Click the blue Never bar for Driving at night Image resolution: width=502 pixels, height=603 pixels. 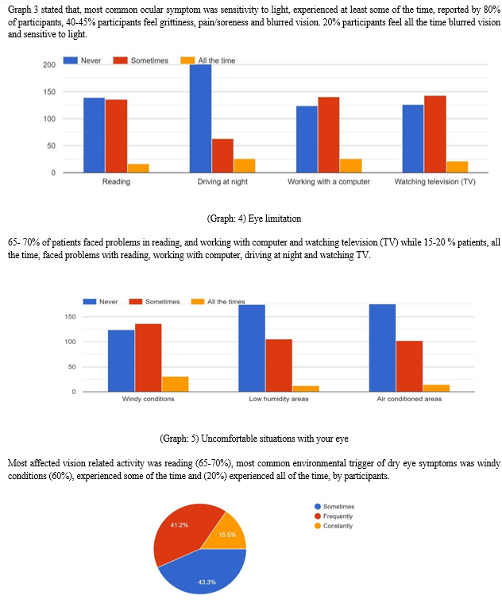coord(200,118)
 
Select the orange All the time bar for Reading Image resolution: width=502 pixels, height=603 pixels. coord(138,168)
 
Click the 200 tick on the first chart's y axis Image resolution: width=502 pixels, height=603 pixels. coord(49,64)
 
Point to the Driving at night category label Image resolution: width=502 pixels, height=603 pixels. coord(222,182)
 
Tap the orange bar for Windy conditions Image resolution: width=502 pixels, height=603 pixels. coord(175,384)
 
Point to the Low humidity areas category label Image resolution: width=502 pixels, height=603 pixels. coord(278,399)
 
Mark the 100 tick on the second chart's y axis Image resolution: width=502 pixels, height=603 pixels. coord(71,342)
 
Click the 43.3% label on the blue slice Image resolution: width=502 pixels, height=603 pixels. coord(207,582)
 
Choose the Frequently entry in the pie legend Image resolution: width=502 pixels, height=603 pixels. coord(338,516)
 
